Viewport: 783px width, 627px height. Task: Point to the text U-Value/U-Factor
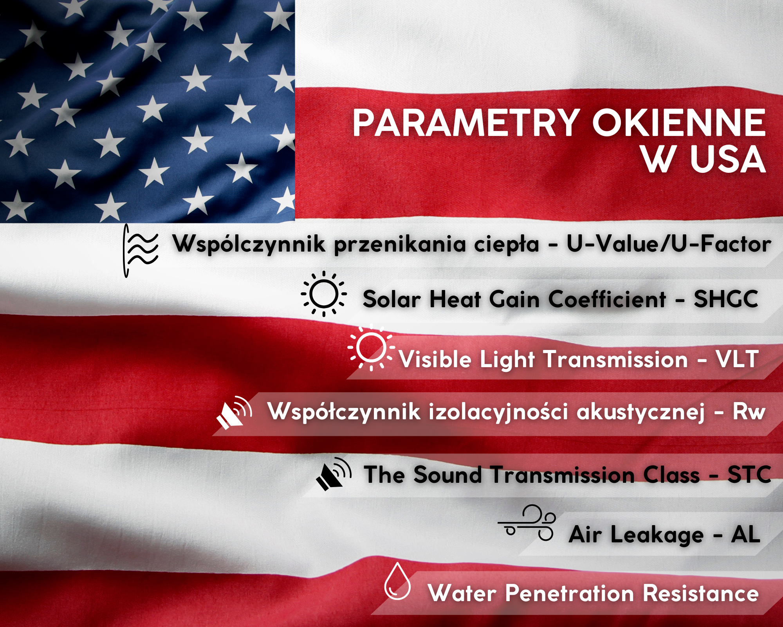669,244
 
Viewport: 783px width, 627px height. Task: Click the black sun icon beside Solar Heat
324,294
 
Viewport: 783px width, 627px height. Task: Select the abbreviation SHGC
726,299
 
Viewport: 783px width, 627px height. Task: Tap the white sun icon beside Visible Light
370,348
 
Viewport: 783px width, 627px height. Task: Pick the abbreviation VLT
737,359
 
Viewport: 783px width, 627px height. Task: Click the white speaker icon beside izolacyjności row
234,413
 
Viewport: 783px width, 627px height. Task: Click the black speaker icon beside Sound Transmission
334,474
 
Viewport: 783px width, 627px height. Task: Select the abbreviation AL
745,534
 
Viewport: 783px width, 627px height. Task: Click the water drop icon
397,581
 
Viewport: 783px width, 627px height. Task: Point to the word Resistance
701,593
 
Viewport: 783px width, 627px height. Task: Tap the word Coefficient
607,299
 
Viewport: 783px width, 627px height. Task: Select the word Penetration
570,593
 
